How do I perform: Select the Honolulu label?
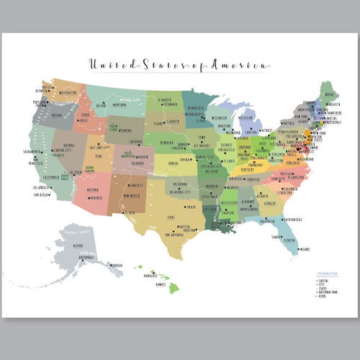coord(149,274)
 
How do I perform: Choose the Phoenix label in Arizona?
coord(94,198)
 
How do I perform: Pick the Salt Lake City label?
coord(99,147)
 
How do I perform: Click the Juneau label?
coord(117,266)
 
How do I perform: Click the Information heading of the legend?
coord(325,274)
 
